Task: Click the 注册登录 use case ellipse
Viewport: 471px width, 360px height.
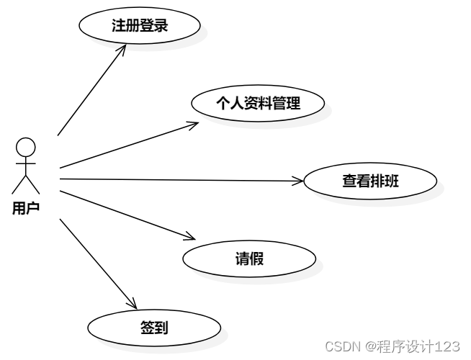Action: [x=140, y=27]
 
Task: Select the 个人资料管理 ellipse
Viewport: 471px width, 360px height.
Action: [x=258, y=103]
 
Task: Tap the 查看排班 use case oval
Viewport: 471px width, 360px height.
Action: [x=370, y=181]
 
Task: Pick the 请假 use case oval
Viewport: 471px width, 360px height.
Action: [x=249, y=258]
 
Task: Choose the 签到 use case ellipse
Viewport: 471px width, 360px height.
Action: [x=154, y=328]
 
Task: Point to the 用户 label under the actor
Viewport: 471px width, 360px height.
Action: [x=26, y=209]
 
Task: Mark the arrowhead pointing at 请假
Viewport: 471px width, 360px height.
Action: [x=191, y=237]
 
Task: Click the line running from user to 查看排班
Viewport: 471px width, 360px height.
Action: [x=180, y=180]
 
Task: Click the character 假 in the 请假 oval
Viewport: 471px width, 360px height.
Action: [x=257, y=258]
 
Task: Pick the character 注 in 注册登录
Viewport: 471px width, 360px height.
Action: [x=119, y=27]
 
